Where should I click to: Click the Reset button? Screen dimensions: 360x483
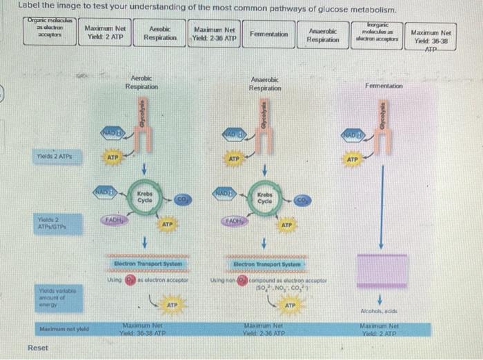37,348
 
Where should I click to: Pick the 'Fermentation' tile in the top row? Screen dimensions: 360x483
268,34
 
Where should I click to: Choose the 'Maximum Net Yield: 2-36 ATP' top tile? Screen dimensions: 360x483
215,34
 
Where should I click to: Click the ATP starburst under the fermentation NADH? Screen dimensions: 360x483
353,160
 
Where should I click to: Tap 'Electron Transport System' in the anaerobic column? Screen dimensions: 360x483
266,263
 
